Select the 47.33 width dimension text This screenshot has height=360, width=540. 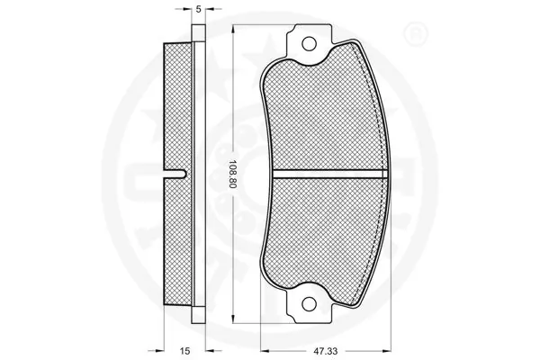tap(326, 351)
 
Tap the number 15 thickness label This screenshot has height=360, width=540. tap(184, 351)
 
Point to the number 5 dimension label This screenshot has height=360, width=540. tap(198, 9)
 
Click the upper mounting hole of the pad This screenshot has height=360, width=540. tap(309, 44)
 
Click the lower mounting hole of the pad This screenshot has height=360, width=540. tap(309, 303)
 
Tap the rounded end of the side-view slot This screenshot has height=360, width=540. tap(184, 175)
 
